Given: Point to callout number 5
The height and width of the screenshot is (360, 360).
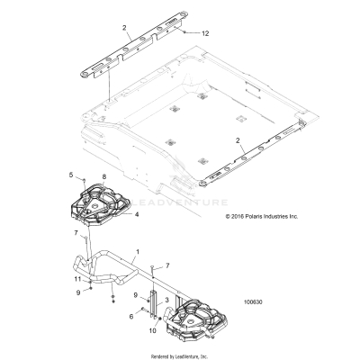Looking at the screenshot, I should [71, 173].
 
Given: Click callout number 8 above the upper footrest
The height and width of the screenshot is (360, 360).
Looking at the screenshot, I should [104, 177].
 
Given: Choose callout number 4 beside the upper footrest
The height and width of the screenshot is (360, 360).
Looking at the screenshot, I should [136, 216].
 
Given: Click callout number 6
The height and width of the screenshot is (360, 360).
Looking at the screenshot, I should [130, 316].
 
